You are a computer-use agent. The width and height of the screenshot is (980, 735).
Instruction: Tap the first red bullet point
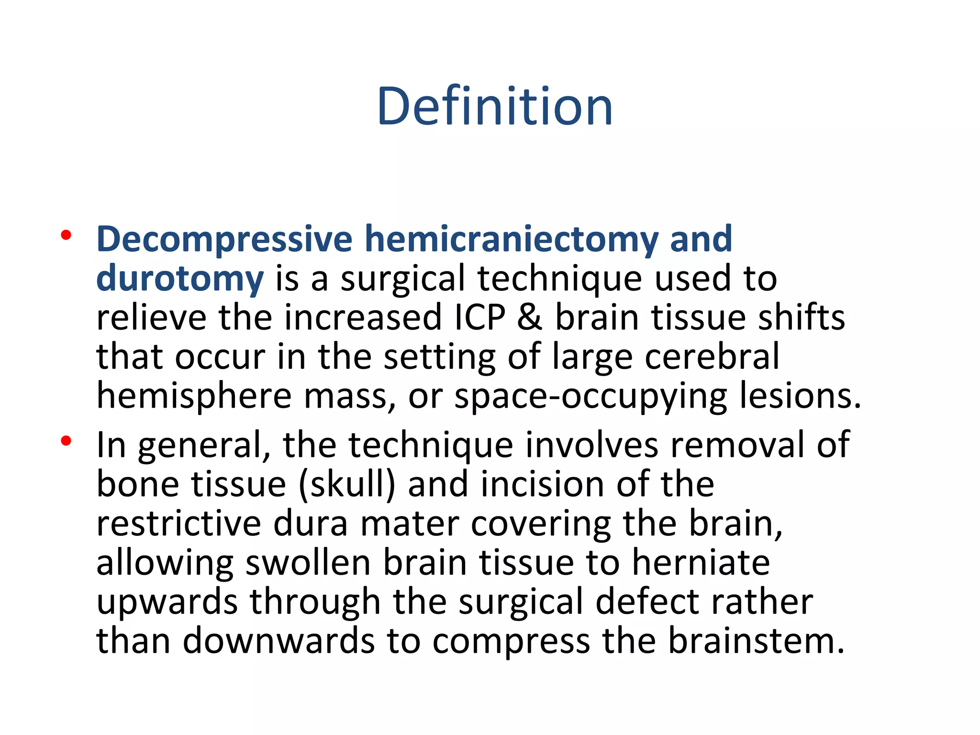pos(66,235)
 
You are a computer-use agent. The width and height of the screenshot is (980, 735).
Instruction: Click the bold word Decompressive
pos(224,239)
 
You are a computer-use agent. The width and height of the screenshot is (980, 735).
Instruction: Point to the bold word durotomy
pos(179,279)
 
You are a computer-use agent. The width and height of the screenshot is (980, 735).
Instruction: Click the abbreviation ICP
pos(479,318)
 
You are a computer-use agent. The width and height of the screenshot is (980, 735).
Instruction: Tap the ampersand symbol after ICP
pos(530,318)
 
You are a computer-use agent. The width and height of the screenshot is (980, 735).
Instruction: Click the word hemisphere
pos(194,396)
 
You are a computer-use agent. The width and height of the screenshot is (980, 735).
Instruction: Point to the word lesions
pos(799,396)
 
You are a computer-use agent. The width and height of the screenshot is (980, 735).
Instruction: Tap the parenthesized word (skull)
pos(347,484)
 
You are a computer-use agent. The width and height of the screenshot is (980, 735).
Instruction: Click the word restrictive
pos(178,523)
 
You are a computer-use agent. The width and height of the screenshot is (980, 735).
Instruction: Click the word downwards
pos(278,641)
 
